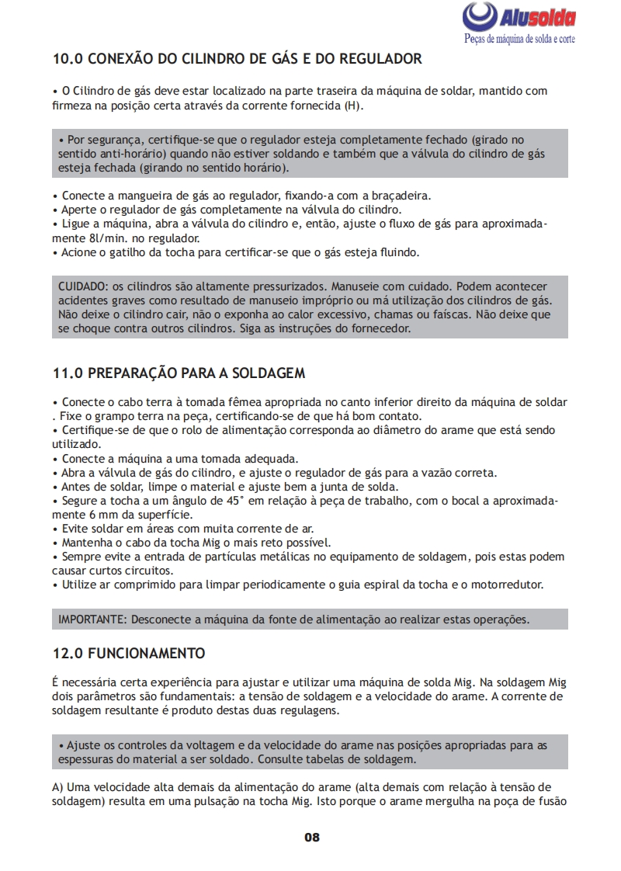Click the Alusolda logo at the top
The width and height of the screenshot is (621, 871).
click(x=519, y=17)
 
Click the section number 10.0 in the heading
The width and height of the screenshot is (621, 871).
click(x=67, y=59)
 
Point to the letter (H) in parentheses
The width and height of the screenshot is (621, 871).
click(x=354, y=105)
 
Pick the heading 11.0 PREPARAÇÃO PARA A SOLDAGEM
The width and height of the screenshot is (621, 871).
click(x=179, y=373)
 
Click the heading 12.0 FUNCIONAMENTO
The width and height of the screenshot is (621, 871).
click(x=128, y=652)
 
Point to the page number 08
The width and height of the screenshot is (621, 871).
click(x=311, y=837)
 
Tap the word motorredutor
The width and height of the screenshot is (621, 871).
click(x=509, y=585)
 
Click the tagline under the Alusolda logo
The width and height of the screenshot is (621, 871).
click(x=519, y=39)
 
